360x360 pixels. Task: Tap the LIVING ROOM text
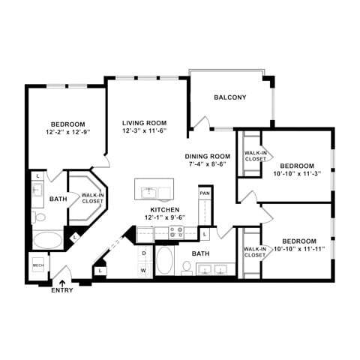coord(144,122)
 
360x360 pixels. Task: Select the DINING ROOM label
coord(208,156)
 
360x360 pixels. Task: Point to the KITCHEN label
coord(165,209)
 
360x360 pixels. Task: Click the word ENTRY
coord(62,290)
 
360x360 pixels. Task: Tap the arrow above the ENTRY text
coord(62,280)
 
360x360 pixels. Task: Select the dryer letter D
coord(144,253)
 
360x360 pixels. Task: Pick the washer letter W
coord(144,267)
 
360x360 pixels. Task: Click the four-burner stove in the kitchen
coord(176,232)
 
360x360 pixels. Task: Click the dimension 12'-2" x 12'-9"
coord(67,133)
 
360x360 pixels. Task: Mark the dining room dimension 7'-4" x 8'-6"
coord(208,165)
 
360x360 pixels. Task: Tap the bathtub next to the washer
coord(165,262)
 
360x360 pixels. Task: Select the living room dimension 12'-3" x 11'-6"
coord(144,131)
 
